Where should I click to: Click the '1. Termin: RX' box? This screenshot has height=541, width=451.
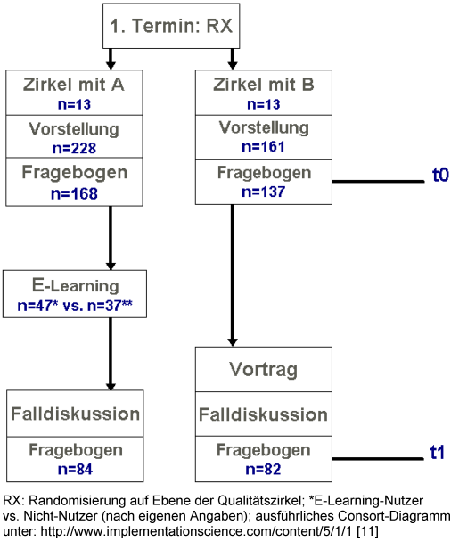[x=171, y=26]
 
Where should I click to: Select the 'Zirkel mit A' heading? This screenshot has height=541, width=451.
[x=74, y=85]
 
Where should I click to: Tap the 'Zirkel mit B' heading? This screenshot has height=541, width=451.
[x=264, y=85]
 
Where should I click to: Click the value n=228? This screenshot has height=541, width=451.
[x=74, y=148]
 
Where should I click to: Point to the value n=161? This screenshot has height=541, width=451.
[x=263, y=147]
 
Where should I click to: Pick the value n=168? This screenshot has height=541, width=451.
[x=74, y=193]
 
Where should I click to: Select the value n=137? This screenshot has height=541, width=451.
[x=264, y=192]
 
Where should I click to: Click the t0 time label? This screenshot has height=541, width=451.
[x=440, y=175]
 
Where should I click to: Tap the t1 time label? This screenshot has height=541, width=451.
[x=438, y=452]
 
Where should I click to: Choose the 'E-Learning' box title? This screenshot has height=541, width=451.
[x=75, y=286]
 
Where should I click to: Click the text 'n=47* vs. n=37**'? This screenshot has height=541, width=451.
[x=75, y=306]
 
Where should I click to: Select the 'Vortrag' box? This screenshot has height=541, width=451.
[x=264, y=369]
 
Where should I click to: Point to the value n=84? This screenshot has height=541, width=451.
[x=75, y=469]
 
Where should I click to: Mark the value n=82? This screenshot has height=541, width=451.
[x=263, y=469]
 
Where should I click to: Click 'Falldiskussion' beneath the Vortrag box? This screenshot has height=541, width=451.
[x=263, y=414]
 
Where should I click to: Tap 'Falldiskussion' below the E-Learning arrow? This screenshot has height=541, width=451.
[x=75, y=414]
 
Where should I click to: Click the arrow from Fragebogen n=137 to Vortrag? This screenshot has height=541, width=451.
[x=233, y=275]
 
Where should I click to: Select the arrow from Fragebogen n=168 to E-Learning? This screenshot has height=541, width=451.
[x=111, y=238]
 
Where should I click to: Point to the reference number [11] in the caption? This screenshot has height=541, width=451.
[x=367, y=530]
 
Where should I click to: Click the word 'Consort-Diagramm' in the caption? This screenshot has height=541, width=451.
[x=394, y=516]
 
